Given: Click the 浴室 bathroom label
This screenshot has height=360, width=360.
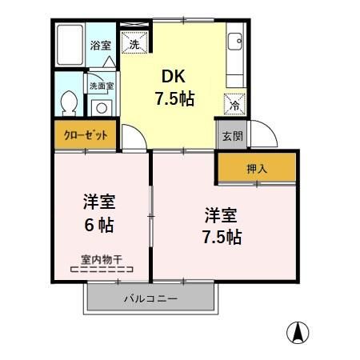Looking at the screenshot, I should pos(99,46).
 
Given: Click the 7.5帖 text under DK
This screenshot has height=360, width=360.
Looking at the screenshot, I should pos(175,100).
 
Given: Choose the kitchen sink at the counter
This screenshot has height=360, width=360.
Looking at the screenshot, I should pos(234,43).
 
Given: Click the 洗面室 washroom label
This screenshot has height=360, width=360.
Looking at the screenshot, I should pos(100,85).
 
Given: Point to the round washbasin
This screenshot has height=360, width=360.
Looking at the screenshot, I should pos(101,109).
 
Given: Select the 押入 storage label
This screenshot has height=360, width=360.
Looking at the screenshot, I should pos(256,169).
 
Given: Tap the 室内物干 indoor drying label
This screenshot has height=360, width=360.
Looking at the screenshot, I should pos(101,259).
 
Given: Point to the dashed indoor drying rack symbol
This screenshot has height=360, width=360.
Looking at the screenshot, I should pos(101,271).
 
